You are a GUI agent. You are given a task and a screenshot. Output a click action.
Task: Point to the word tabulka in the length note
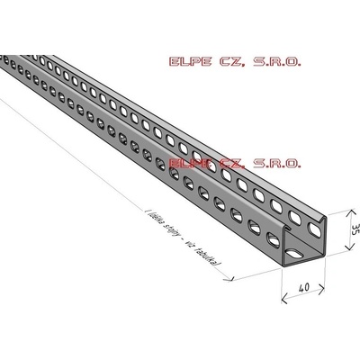pyautogui.click(x=211, y=256)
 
